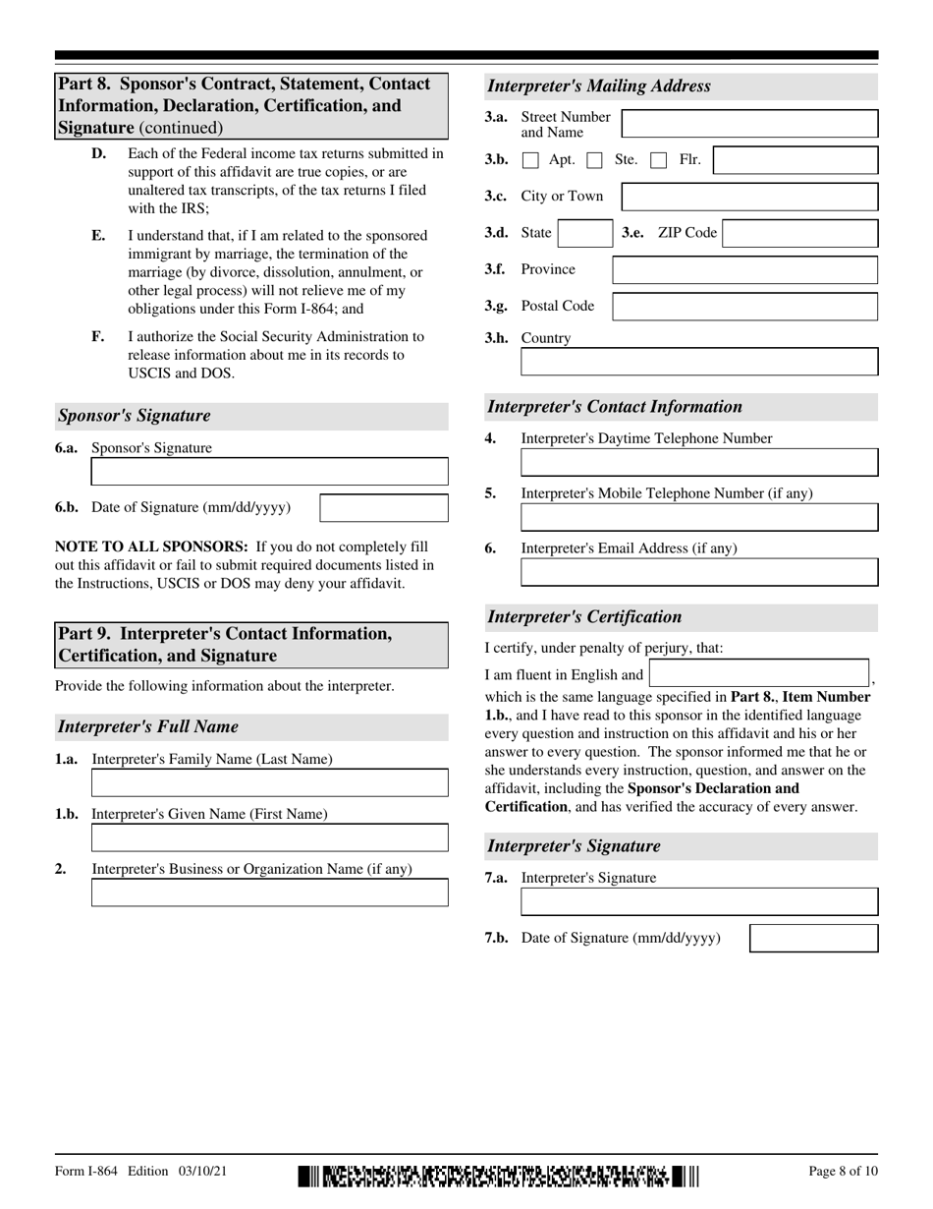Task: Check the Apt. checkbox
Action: [x=530, y=160]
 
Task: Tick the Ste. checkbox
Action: [x=594, y=160]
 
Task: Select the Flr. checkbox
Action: [x=659, y=160]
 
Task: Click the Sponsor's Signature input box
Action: [x=269, y=472]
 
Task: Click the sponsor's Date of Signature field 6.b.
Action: [x=384, y=508]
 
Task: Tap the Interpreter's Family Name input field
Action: [x=269, y=782]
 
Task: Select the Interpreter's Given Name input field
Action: [x=269, y=837]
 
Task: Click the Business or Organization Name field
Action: [x=269, y=892]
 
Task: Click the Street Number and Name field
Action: [x=750, y=124]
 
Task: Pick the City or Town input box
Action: [x=750, y=197]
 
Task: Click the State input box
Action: [x=584, y=234]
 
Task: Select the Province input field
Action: [x=744, y=270]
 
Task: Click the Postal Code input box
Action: [x=744, y=307]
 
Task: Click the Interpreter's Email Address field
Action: [x=699, y=572]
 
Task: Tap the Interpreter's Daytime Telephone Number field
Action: [x=699, y=463]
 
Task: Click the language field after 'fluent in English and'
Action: [x=759, y=673]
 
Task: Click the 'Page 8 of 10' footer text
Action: [x=843, y=1171]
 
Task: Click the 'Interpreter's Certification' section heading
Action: [x=585, y=617]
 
